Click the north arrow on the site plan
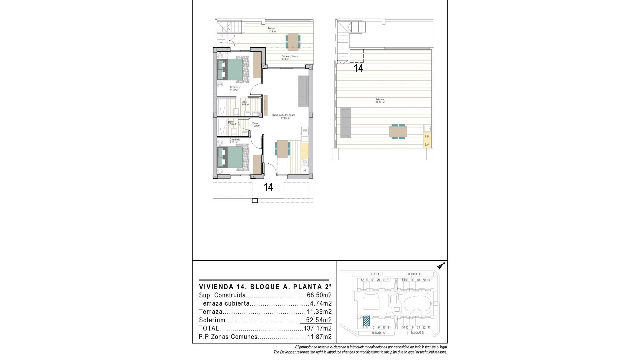click(x=442, y=266)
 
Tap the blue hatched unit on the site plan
click(x=366, y=321)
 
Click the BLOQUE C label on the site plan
click(x=414, y=274)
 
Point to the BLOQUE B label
click(x=417, y=333)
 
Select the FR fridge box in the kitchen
click(x=305, y=130)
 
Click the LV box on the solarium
click(x=427, y=144)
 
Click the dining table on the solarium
click(x=398, y=131)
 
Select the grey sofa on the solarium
click(x=346, y=122)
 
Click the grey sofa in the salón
click(x=303, y=91)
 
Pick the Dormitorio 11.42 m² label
click(x=235, y=89)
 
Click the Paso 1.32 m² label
click(x=256, y=125)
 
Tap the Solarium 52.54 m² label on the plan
click(x=380, y=101)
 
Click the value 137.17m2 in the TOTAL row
click(x=318, y=328)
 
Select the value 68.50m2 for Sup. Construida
click(x=319, y=295)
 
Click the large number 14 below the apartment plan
click(x=268, y=187)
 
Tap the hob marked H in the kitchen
click(x=305, y=170)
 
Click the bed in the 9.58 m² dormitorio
click(x=233, y=157)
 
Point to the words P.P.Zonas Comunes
click(x=228, y=337)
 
